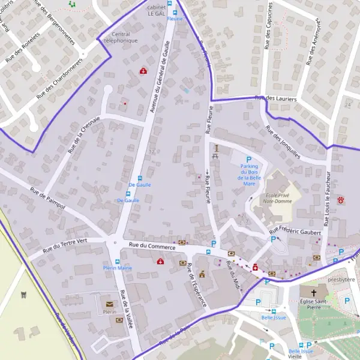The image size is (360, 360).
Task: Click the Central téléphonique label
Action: pyautogui.click(x=121, y=37)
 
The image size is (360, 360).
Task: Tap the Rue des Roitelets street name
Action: pyautogui.click(x=22, y=48)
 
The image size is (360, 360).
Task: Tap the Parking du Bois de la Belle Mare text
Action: pyautogui.click(x=249, y=172)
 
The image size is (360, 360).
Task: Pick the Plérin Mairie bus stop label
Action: pyautogui.click(x=117, y=268)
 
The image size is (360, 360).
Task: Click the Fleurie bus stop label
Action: pyautogui.click(x=175, y=19)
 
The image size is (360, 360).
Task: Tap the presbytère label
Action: pyautogui.click(x=338, y=279)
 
